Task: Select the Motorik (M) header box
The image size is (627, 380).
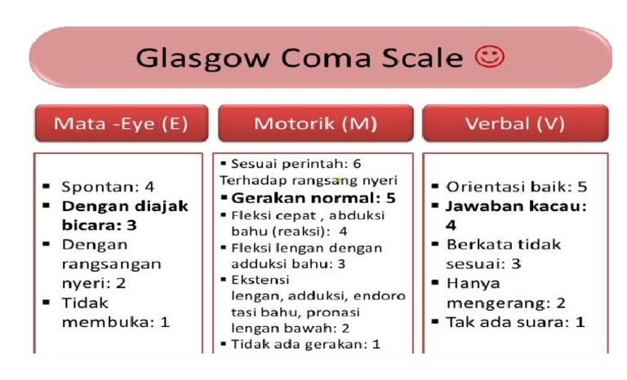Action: [314, 125]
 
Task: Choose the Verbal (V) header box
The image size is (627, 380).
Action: [515, 125]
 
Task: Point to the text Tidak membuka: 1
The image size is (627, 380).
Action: [114, 312]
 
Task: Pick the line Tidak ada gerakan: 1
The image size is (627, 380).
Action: [302, 343]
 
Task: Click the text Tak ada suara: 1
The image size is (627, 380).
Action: [515, 321]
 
